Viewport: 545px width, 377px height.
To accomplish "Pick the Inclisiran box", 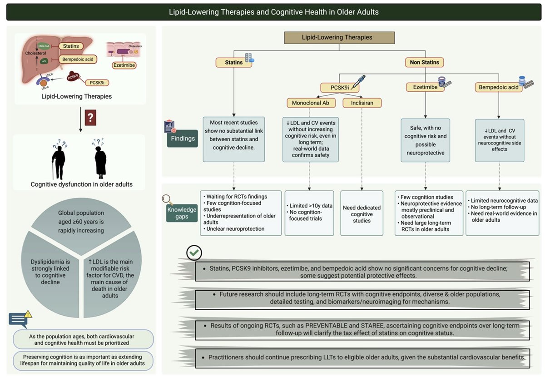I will [362, 103].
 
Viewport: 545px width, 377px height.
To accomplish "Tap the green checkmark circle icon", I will [194, 253].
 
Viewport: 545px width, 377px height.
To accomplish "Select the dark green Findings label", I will [182, 139].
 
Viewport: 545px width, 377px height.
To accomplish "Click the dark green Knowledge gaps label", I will [182, 213].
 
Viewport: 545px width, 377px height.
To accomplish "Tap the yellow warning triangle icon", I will [28, 313].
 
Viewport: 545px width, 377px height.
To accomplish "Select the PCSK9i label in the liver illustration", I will [96, 82].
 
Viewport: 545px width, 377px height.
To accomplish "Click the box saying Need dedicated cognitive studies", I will [362, 214].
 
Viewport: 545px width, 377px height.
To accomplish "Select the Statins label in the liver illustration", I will [71, 46].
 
